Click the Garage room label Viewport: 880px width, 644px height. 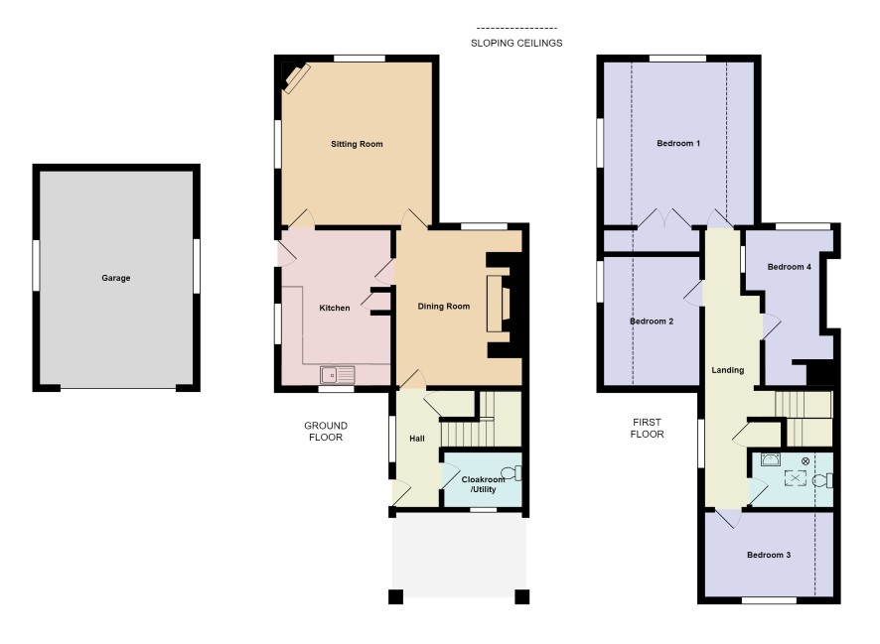point(115,278)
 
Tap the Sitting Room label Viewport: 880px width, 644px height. point(357,144)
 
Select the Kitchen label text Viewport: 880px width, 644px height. point(335,308)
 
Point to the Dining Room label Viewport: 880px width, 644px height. point(443,306)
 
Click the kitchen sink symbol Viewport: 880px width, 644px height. point(338,374)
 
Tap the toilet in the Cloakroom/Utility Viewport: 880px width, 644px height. point(512,473)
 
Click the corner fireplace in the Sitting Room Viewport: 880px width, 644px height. point(295,77)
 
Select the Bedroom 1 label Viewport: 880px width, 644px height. point(678,144)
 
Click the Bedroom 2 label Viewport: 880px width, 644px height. point(651,322)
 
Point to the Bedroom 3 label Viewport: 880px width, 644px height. point(769,555)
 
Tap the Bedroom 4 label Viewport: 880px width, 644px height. point(789,267)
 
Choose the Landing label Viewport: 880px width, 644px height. point(727,370)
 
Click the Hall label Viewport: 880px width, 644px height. point(416,439)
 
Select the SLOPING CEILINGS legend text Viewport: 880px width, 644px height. point(516,43)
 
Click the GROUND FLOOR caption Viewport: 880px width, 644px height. point(326,431)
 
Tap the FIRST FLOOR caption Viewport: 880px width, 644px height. point(647,429)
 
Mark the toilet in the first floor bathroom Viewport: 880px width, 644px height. point(822,480)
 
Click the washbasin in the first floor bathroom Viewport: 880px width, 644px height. point(771,459)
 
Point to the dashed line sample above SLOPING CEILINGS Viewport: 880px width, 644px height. point(516,28)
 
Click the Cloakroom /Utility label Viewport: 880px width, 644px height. point(483,484)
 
